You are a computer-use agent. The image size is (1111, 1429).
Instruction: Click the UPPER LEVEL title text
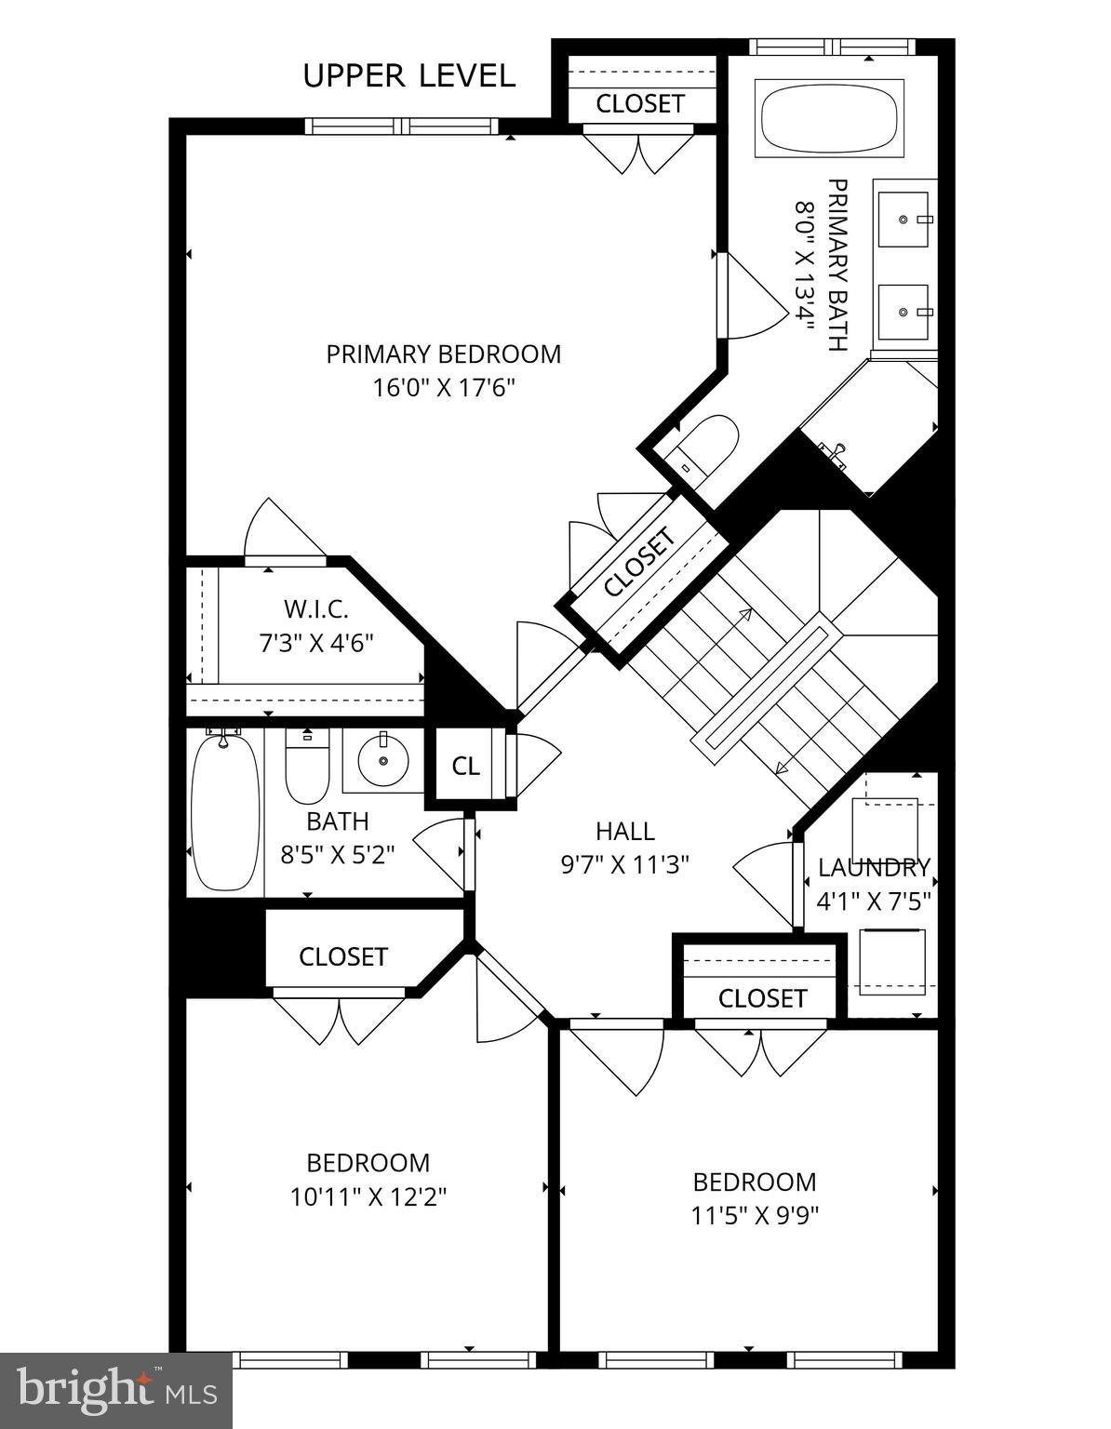point(408,76)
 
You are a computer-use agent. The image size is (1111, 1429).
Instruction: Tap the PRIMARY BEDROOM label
point(443,354)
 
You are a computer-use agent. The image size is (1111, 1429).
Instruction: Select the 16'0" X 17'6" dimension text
point(443,387)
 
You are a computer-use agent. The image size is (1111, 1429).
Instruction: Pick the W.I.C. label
point(315,610)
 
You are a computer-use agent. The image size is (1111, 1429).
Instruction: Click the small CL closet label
point(465,767)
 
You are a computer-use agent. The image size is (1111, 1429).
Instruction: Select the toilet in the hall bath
point(306,768)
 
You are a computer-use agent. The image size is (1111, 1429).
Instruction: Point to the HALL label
point(624,831)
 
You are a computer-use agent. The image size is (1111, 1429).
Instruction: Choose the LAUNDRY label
point(874,868)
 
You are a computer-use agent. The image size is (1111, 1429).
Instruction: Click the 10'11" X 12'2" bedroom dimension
point(368,1196)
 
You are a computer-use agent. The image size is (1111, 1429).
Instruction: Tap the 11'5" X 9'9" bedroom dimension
point(754,1215)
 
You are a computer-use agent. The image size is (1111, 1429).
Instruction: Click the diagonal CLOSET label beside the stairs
point(638,563)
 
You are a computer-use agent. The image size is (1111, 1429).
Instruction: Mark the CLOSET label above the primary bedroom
point(639,103)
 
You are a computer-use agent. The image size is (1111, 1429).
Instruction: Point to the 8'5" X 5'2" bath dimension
point(338,855)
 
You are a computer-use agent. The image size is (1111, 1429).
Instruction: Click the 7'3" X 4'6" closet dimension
point(315,644)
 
